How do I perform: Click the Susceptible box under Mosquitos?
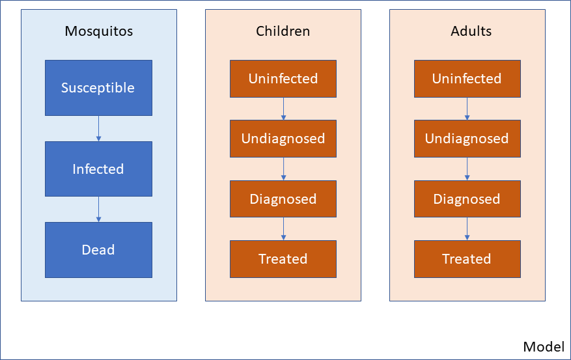tap(99, 88)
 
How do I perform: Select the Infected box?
tap(99, 169)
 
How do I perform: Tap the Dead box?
tap(99, 250)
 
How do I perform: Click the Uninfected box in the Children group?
tap(283, 79)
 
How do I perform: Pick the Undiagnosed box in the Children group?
tap(283, 139)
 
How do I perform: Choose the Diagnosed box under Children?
tap(283, 199)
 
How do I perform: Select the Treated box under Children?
tap(283, 259)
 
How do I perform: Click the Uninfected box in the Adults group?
tap(467, 79)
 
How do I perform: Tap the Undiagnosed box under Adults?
tap(467, 139)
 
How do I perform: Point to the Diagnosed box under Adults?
tap(467, 199)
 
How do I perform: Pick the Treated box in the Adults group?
tap(467, 259)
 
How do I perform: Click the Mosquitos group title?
tap(99, 31)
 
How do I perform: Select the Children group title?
tap(283, 31)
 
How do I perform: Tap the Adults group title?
tap(471, 31)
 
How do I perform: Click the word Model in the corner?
tap(544, 346)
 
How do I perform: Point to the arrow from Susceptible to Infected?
tap(99, 128)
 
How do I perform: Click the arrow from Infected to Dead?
tap(99, 210)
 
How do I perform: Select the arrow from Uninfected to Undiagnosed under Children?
tap(283, 109)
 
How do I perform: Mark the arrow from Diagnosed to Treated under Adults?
tap(467, 229)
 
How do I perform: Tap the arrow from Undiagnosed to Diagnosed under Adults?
tap(467, 169)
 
